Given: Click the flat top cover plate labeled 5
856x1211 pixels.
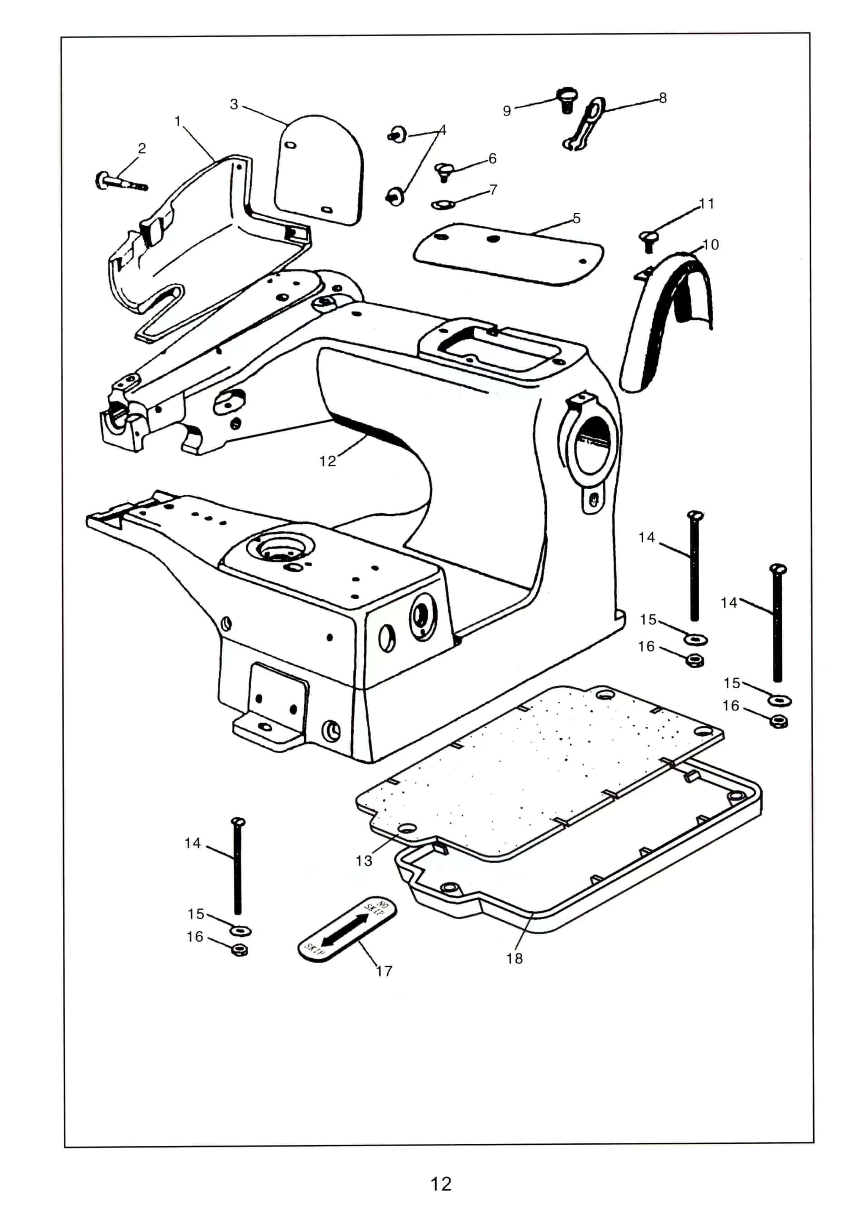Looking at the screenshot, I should point(508,253).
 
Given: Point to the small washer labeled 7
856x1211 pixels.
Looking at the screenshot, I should point(439,204).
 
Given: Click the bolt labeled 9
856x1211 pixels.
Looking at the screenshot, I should point(566,100).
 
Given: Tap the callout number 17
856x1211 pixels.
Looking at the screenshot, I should point(384,970).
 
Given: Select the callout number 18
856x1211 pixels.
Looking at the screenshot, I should point(514,958).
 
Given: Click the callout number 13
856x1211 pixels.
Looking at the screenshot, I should point(363,861).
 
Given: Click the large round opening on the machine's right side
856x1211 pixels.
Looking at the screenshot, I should point(595,444).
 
